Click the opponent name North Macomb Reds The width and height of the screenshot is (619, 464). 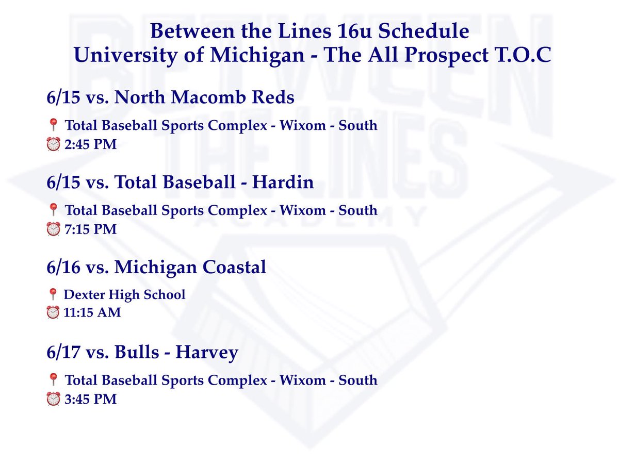pyautogui.click(x=206, y=98)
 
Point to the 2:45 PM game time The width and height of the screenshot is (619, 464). pyautogui.click(x=90, y=145)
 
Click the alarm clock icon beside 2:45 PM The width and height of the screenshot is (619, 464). pyautogui.click(x=53, y=145)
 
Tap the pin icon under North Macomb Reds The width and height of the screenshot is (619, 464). pyautogui.click(x=52, y=125)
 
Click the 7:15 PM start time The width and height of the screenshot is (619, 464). pyautogui.click(x=90, y=229)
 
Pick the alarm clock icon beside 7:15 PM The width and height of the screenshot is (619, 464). pyautogui.click(x=53, y=229)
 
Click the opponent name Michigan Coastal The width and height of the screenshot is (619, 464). pyautogui.click(x=190, y=268)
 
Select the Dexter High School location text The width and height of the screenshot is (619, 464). pyautogui.click(x=124, y=295)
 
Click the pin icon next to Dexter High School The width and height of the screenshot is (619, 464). pyautogui.click(x=52, y=295)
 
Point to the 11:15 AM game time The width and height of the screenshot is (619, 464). pyautogui.click(x=92, y=312)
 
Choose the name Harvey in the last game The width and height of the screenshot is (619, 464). pyautogui.click(x=207, y=353)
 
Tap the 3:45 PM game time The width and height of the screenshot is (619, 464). pyautogui.click(x=90, y=399)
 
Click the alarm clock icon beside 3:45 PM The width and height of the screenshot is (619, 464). pyautogui.click(x=53, y=399)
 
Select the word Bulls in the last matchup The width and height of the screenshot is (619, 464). pyautogui.click(x=137, y=353)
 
